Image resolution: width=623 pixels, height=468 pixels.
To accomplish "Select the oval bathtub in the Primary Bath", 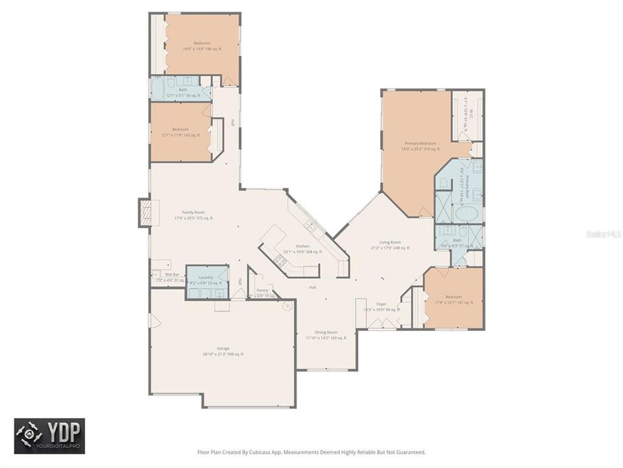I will (x=465, y=214).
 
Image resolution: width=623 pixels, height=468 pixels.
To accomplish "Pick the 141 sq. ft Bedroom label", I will (x=454, y=299).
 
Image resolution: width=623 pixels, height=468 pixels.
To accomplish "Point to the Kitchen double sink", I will (x=310, y=227).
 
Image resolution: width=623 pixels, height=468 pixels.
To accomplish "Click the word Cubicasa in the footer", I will (x=277, y=452).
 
